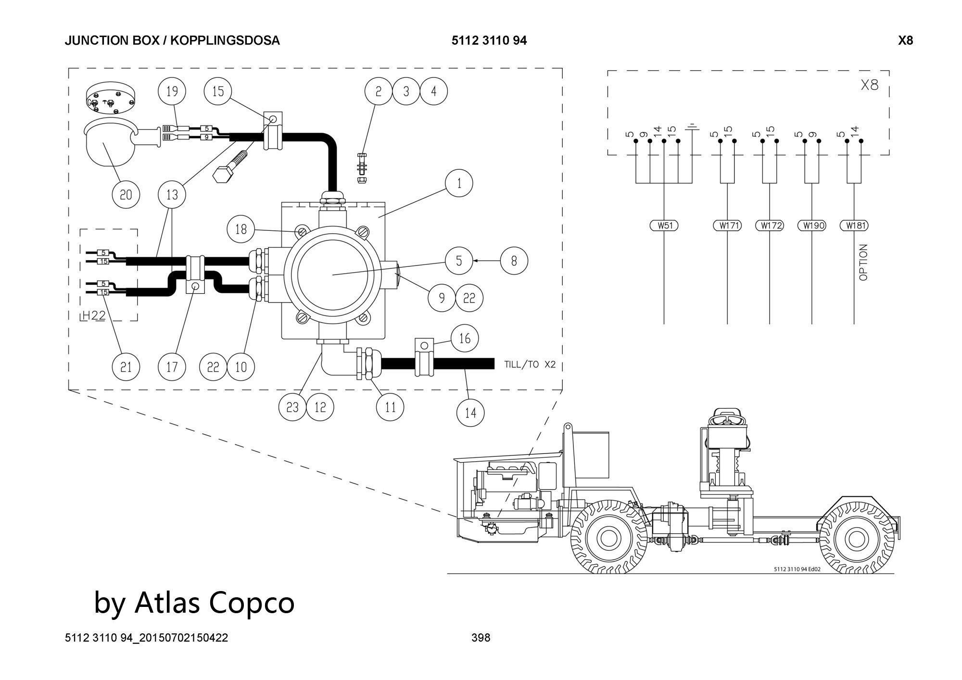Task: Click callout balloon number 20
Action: (x=126, y=194)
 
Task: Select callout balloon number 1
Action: (x=459, y=183)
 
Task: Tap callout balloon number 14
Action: (x=470, y=413)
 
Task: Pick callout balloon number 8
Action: (x=514, y=261)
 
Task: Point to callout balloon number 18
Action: (x=241, y=229)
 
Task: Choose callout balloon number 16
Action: (x=464, y=339)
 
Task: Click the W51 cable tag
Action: (x=664, y=225)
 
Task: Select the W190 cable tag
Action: (x=811, y=225)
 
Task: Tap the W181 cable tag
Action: (x=854, y=225)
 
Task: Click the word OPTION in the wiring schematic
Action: (x=863, y=262)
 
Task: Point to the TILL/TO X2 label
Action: (x=530, y=365)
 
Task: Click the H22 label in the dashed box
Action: (x=93, y=315)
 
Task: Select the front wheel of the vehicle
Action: (x=608, y=536)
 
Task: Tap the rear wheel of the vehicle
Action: (x=855, y=539)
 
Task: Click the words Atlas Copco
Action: (x=214, y=602)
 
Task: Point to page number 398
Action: (x=481, y=638)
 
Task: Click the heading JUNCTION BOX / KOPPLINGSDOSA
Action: (x=172, y=40)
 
